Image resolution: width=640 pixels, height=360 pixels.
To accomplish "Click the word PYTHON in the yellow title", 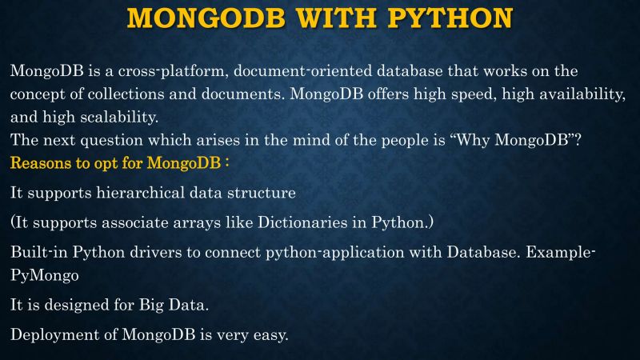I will click(x=450, y=17).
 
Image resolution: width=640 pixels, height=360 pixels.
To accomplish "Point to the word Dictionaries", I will click(x=307, y=222).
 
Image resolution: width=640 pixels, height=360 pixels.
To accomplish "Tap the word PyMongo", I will click(x=43, y=274).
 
